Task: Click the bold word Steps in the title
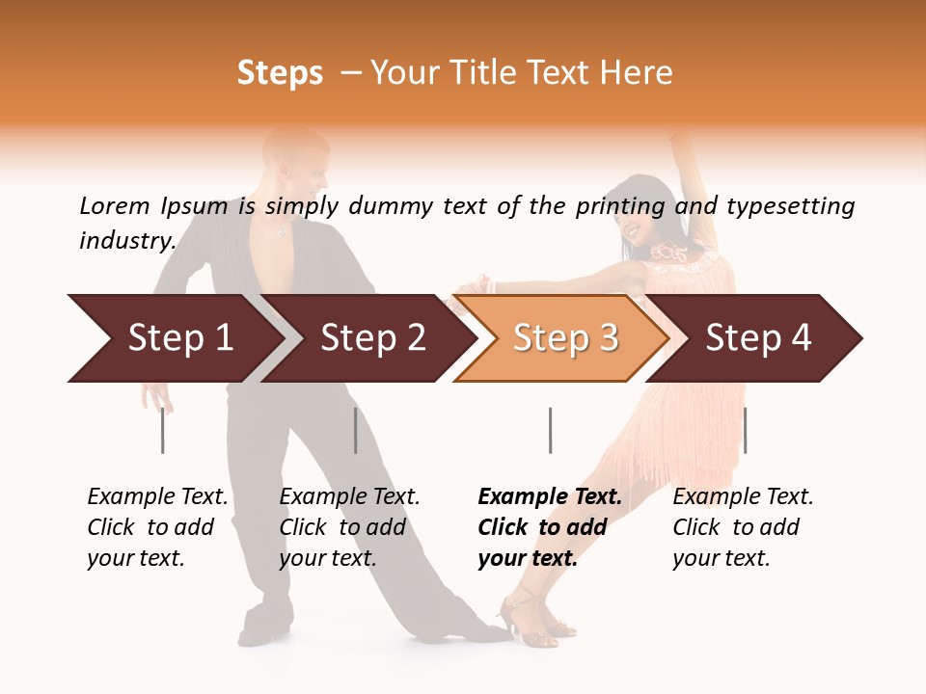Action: click(280, 73)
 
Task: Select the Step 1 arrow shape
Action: click(174, 338)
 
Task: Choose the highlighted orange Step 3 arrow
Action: click(564, 338)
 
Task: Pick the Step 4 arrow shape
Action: click(757, 338)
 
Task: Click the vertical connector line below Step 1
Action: click(162, 430)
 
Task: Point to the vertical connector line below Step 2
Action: click(355, 430)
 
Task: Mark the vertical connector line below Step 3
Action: click(550, 430)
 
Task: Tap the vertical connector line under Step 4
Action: click(745, 430)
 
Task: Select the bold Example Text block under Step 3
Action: click(550, 527)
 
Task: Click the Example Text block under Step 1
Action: click(157, 527)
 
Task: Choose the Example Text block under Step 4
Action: click(743, 527)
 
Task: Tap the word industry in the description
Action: click(126, 240)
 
